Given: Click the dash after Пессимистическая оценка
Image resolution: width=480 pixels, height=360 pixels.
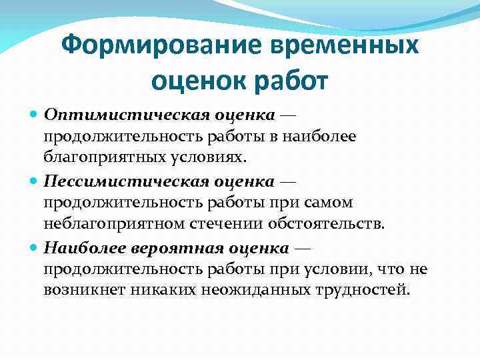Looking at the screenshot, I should click(x=288, y=181).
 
